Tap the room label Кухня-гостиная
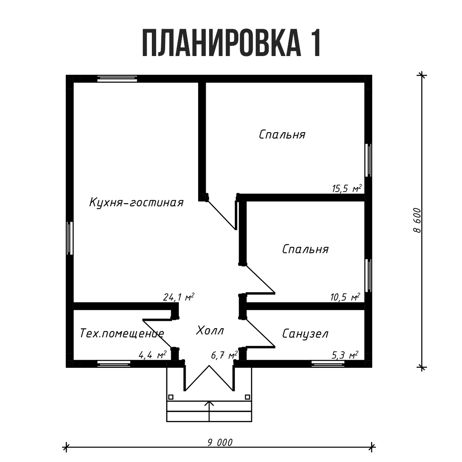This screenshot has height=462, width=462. point(136,202)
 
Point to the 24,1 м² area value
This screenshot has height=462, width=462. point(179,297)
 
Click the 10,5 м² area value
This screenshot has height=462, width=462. point(345,297)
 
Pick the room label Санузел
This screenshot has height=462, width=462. point(305,334)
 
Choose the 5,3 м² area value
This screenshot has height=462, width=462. point(345,355)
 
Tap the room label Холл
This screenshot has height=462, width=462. point(210,331)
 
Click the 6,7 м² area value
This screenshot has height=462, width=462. point(224,355)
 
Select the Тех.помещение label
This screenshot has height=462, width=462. point(122,333)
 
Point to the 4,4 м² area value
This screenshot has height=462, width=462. point(152,355)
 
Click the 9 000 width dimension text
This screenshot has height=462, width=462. point(220,442)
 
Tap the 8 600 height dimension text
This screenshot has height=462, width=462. point(417,220)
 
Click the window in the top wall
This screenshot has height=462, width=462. point(117,78)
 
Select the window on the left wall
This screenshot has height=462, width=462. point(70,238)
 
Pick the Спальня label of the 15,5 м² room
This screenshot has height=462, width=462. point(282,134)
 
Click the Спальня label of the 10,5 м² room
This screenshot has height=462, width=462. point(305,249)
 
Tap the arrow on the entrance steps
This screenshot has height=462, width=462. point(209,404)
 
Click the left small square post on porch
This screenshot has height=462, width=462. point(171,397)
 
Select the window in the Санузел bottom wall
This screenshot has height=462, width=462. point(328,364)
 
